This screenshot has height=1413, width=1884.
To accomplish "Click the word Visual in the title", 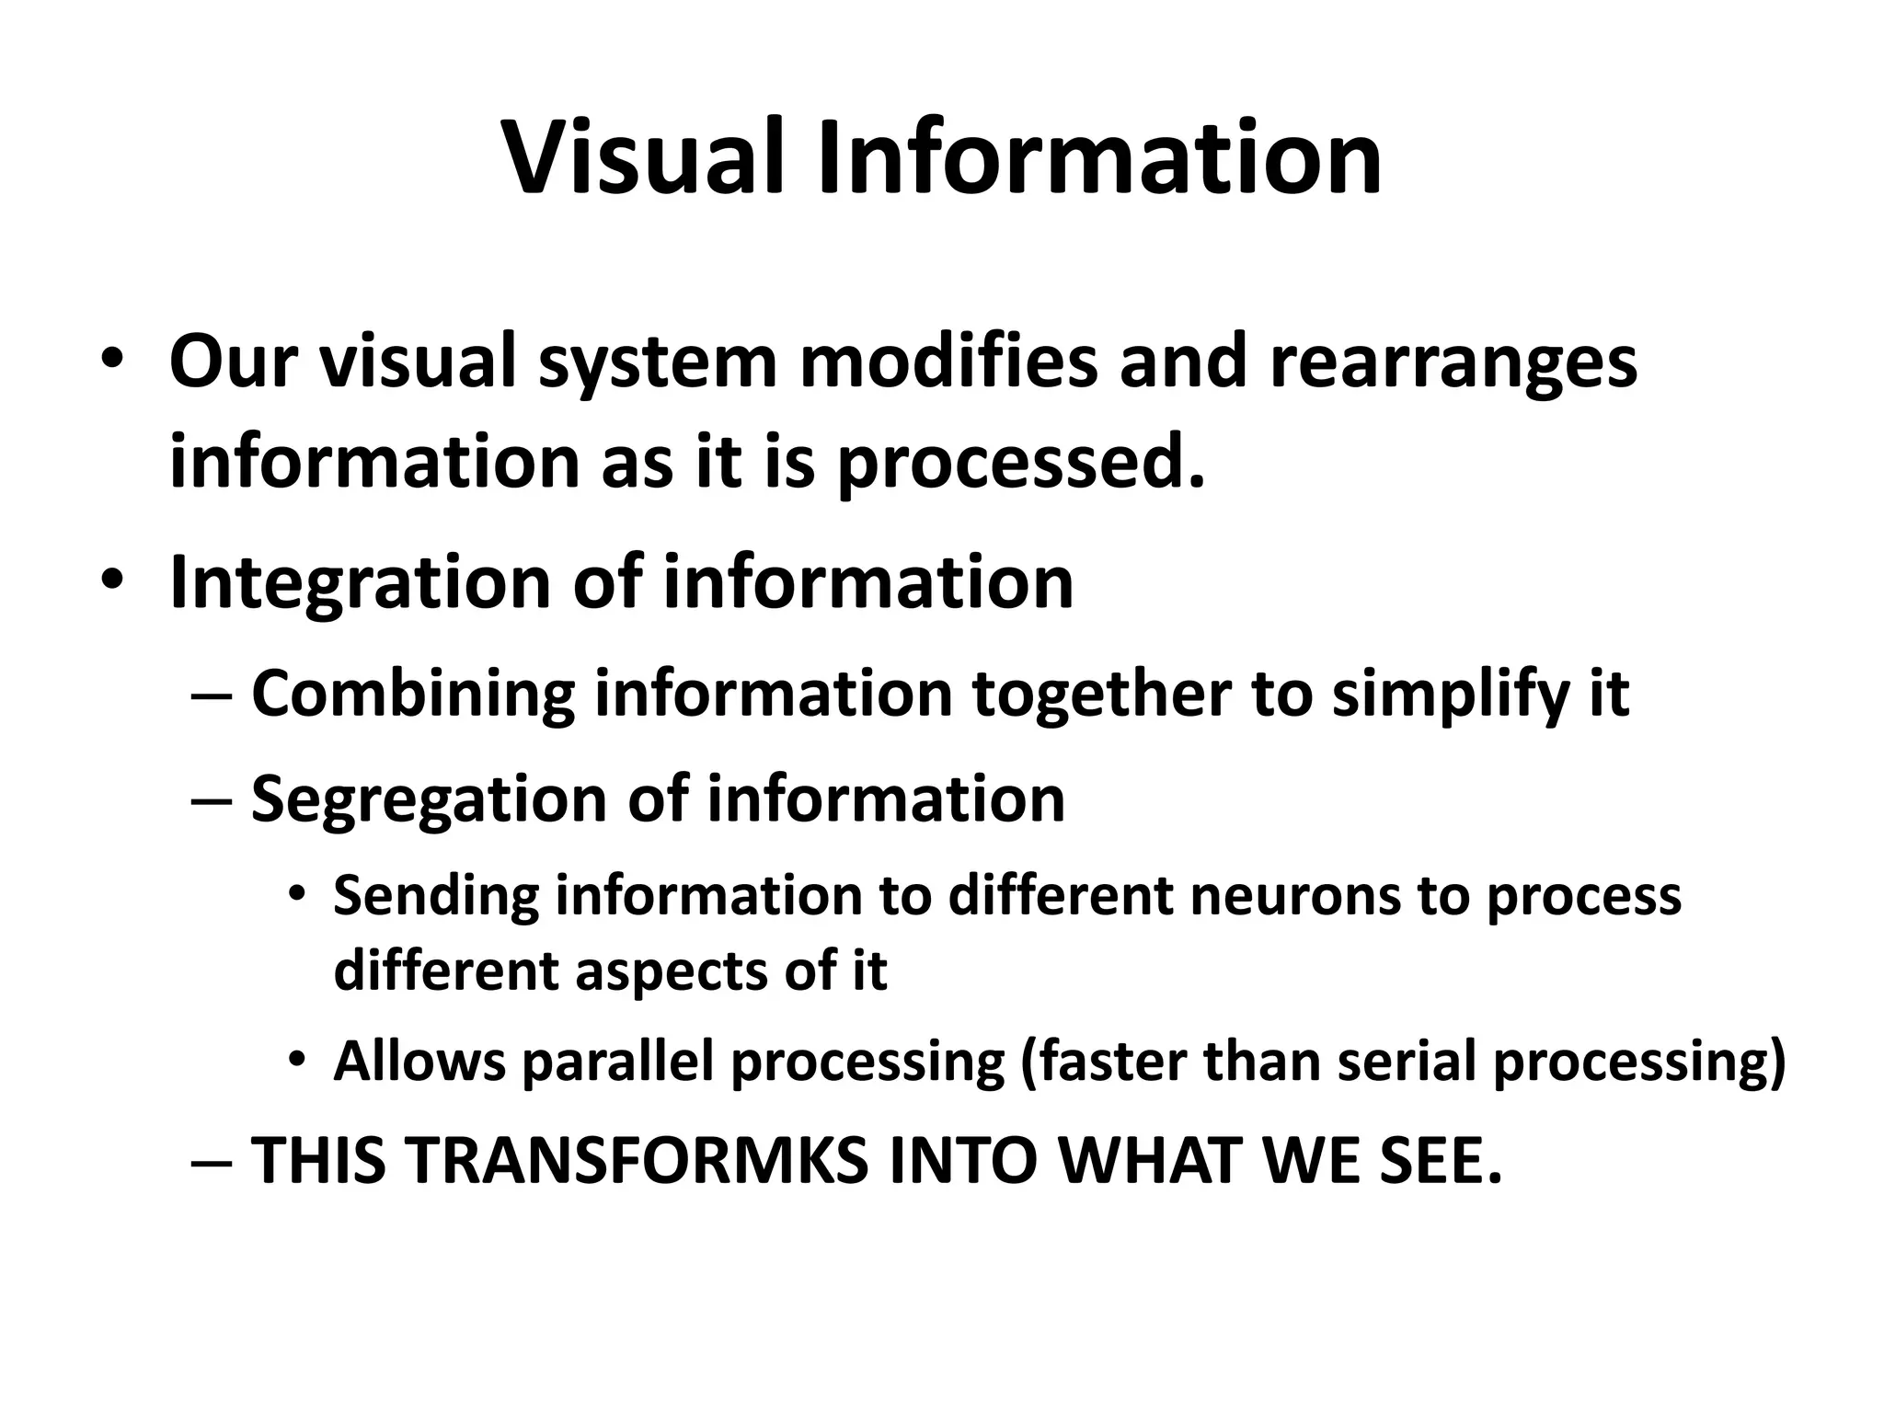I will point(643,157).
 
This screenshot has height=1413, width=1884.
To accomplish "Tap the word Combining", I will point(413,695).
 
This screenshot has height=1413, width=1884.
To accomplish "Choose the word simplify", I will point(1450,695).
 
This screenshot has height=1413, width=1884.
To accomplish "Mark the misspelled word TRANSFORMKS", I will point(634,1161).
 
